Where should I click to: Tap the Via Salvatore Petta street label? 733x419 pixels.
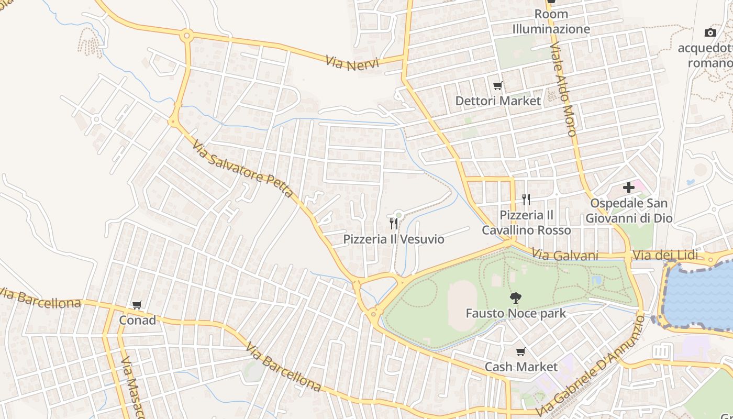point(242,168)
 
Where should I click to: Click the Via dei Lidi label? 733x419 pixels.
point(665,256)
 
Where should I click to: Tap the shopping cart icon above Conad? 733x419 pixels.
point(137,305)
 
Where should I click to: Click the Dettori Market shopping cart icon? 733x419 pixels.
point(497,85)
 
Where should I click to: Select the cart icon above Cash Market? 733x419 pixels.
point(520,352)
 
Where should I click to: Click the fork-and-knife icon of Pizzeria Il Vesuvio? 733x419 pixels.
point(394,224)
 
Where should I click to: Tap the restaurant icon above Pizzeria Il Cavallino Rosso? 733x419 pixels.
point(526,200)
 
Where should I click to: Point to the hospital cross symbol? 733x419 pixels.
point(629,188)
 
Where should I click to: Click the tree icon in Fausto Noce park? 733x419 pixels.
point(516,298)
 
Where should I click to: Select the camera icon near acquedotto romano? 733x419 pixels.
point(710,32)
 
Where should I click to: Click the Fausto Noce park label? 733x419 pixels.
point(516,314)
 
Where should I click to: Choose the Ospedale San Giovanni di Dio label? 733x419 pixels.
point(628,211)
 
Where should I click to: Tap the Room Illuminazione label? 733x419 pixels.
point(551,22)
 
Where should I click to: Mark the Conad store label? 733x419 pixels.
point(138,320)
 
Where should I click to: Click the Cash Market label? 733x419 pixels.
point(521,367)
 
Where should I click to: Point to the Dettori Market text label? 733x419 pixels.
point(498,101)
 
